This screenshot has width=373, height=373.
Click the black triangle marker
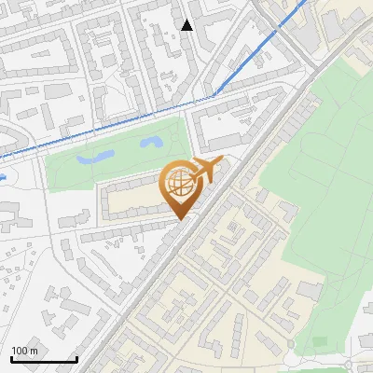click(187, 25)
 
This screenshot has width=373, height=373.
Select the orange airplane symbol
click(207, 171)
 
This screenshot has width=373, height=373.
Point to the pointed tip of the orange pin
click(178, 219)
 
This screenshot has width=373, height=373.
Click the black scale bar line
click(44, 360)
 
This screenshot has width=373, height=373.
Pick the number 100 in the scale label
click(21, 351)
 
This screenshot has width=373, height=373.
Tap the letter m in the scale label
click(34, 351)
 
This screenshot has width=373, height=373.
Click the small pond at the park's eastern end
click(152, 143)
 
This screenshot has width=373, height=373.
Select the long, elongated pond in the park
click(96, 158)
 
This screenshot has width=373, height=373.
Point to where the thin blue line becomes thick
click(214, 95)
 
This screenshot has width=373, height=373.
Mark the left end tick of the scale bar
click(11, 358)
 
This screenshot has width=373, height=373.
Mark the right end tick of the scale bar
click(76, 358)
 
